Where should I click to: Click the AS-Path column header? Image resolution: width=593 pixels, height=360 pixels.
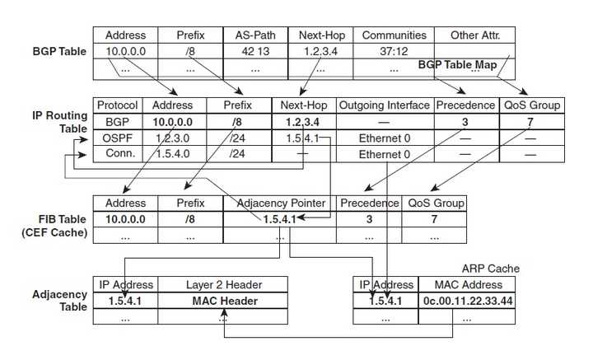(x=255, y=35)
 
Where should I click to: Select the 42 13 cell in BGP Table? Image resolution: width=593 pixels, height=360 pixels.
(x=255, y=51)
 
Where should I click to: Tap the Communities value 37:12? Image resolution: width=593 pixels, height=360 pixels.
(x=394, y=51)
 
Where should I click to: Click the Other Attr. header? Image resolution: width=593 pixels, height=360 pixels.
(x=475, y=35)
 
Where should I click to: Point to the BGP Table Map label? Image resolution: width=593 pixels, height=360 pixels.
(x=457, y=64)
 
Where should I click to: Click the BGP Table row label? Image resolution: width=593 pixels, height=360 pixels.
(x=59, y=51)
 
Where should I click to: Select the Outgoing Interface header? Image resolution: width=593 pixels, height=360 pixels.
(x=385, y=105)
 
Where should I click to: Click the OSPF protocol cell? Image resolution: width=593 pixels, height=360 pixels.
(x=117, y=138)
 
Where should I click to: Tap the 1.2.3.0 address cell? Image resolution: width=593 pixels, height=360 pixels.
(x=172, y=138)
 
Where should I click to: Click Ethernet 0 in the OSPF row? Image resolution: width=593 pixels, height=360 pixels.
(x=385, y=138)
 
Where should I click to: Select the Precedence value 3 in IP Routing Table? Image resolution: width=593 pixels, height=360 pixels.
(x=465, y=122)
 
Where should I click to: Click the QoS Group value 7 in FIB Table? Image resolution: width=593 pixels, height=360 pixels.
(x=434, y=219)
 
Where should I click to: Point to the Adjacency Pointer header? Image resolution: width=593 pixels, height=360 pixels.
(x=281, y=203)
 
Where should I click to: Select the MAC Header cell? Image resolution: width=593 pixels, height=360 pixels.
(x=225, y=301)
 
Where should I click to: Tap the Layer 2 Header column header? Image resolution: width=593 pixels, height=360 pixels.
(x=224, y=285)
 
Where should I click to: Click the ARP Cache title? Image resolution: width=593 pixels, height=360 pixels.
(x=491, y=269)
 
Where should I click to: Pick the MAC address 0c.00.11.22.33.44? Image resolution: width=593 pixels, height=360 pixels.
(x=468, y=301)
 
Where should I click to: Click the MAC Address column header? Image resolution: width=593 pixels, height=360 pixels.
(x=468, y=285)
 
